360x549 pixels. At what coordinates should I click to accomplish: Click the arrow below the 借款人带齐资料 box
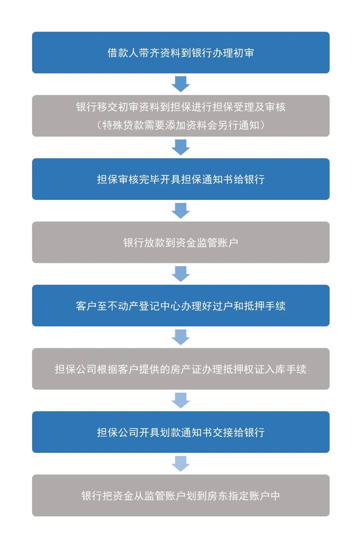pos(180,84)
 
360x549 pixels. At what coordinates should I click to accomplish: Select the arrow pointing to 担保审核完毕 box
pos(180,147)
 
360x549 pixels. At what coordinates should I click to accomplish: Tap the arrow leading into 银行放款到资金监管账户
pos(180,211)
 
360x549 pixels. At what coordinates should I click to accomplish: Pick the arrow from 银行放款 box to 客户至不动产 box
pos(180,274)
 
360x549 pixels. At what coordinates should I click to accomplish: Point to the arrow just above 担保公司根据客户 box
pos(180,337)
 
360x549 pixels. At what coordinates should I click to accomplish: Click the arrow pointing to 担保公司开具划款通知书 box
pos(180,400)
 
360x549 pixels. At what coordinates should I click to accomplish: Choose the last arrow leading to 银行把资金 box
pos(180,463)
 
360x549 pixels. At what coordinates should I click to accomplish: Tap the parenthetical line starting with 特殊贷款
pos(181,125)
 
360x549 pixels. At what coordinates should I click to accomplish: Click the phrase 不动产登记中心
pos(144,306)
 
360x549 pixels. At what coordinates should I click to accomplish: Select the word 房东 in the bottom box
pos(218,496)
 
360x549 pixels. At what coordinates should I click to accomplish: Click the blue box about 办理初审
pos(181,52)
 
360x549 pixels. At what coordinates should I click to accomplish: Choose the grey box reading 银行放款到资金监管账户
pos(181,243)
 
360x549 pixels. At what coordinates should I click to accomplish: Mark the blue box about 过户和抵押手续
pos(181,305)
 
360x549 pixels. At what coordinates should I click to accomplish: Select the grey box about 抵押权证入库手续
pos(181,369)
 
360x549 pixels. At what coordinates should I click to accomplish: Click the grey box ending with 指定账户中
pos(181,496)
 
